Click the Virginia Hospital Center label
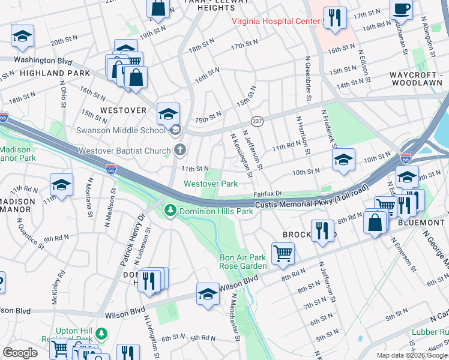click(x=277, y=22)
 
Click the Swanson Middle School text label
click(x=120, y=130)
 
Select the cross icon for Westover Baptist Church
click(x=178, y=150)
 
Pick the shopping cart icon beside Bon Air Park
click(x=282, y=252)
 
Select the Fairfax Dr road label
click(x=267, y=194)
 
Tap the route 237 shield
click(x=256, y=121)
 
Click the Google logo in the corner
click(x=20, y=352)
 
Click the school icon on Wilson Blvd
click(x=208, y=294)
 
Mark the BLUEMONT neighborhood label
click(x=420, y=222)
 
